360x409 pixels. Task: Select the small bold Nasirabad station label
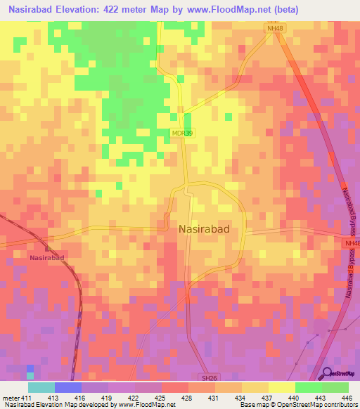pyautogui.click(x=47, y=258)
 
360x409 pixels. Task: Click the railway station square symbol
pyautogui.click(x=48, y=248)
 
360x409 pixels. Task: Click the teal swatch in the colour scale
pyautogui.click(x=41, y=387)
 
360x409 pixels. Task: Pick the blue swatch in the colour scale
pyautogui.click(x=68, y=387)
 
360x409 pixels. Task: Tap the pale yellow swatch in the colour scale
pyautogui.click(x=281, y=387)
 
